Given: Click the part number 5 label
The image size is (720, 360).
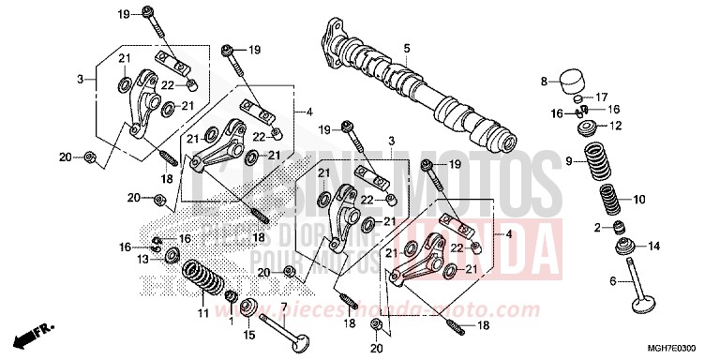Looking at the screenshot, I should [407, 48].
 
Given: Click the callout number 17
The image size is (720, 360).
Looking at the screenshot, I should [602, 96].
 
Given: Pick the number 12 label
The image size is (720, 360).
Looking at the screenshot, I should [615, 125].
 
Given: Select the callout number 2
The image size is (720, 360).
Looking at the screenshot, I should [569, 228].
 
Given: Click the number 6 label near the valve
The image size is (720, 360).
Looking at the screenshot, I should [614, 280].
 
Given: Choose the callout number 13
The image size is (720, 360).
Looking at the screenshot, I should [143, 259].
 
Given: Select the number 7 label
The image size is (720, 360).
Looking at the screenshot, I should [283, 307].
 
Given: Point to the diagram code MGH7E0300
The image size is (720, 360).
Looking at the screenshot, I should [680, 347].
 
